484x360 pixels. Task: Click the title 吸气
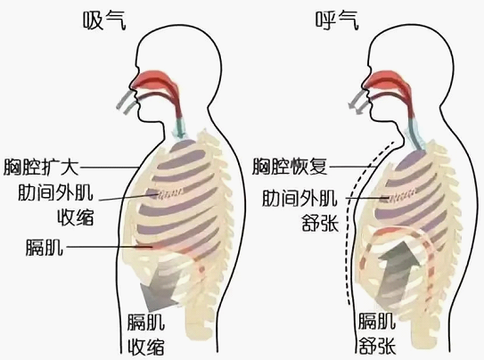[104, 20]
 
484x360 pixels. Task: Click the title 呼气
[337, 20]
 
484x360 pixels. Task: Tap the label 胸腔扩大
[41, 168]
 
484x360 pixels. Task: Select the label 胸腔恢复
[290, 167]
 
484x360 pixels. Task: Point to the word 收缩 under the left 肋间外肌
[76, 217]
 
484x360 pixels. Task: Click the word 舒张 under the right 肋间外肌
[320, 223]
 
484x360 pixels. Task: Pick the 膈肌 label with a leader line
[45, 247]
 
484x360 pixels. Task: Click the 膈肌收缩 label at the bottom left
[146, 334]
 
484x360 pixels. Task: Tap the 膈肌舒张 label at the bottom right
[377, 333]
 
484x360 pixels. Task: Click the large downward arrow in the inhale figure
[160, 289]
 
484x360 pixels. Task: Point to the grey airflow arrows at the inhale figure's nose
[127, 102]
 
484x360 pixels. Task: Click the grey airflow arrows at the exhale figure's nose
[358, 102]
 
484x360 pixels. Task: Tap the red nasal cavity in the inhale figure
[154, 81]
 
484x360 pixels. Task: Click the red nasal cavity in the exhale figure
[386, 81]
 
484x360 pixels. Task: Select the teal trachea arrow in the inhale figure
[180, 129]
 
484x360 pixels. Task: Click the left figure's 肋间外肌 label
[55, 192]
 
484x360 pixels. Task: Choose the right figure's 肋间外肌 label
[299, 198]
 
